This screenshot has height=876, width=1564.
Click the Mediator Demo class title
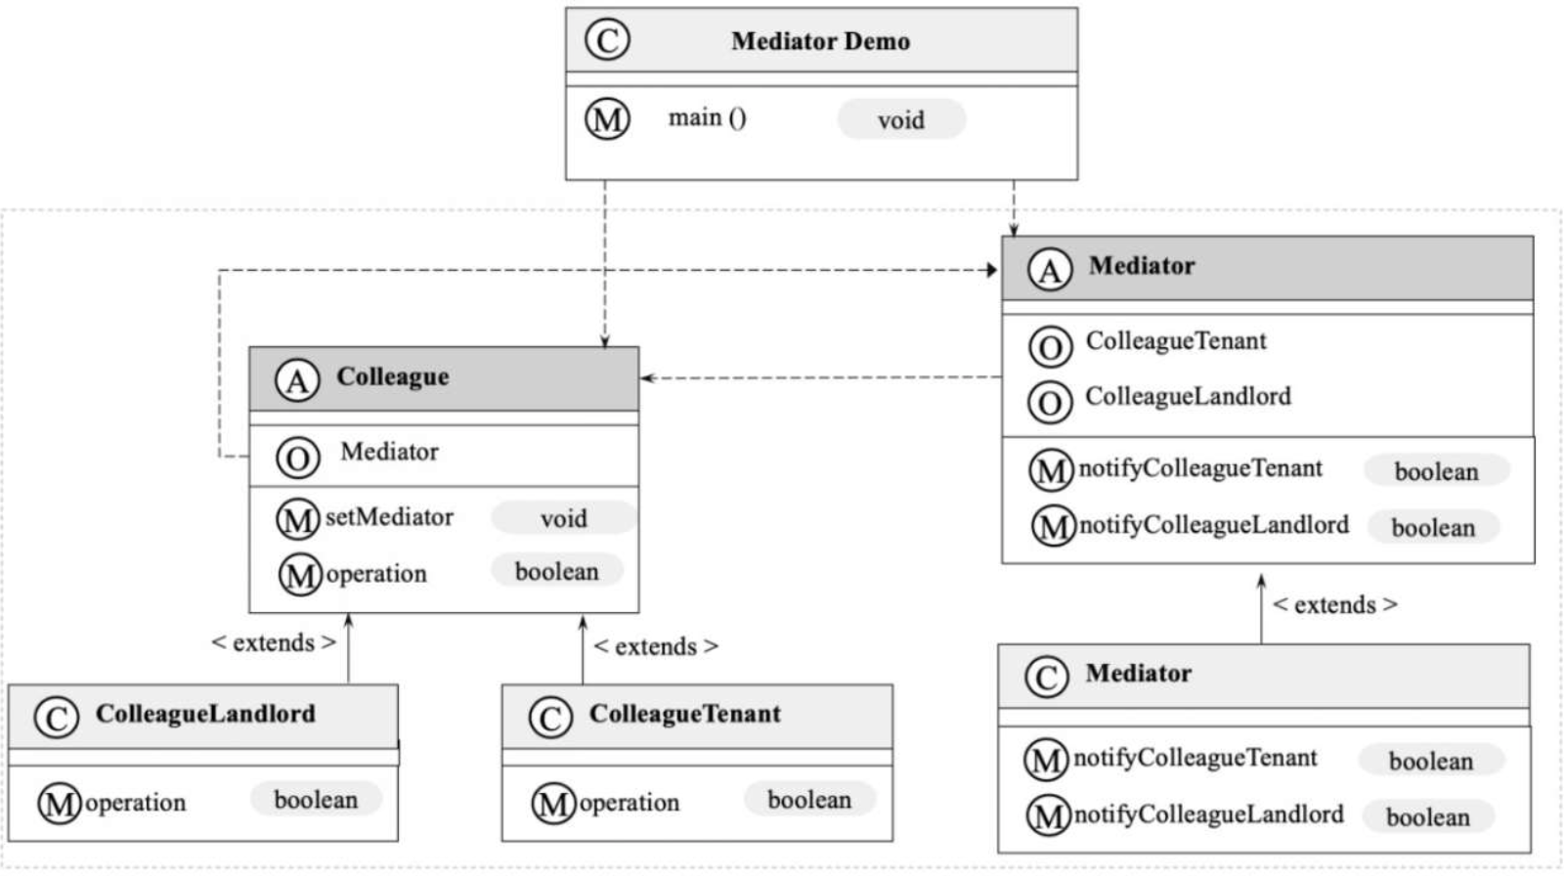[820, 41]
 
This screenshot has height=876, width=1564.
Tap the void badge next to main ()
[901, 119]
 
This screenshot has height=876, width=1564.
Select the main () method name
[708, 117]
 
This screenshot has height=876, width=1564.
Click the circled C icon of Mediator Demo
[607, 40]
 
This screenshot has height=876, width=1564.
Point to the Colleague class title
[392, 375]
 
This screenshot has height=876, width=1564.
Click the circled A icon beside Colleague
[297, 380]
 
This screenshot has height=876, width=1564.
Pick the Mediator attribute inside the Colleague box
[389, 452]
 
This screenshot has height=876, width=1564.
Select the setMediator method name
[389, 517]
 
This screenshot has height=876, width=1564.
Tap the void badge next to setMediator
[563, 518]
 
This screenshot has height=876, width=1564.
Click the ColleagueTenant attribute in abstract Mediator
[1176, 341]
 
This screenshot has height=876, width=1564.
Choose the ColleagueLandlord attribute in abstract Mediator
[1188, 396]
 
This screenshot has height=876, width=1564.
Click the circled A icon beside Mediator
[1050, 270]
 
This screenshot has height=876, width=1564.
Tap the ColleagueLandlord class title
[205, 714]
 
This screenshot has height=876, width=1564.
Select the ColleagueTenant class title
[685, 714]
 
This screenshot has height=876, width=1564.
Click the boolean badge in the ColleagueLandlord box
[316, 799]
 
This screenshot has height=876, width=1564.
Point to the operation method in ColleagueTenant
[629, 803]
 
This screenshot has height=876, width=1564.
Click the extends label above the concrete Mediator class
[1334, 605]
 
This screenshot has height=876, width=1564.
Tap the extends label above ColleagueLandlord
[274, 642]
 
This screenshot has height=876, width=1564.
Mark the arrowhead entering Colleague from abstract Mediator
[646, 378]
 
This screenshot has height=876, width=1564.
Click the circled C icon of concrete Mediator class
[1047, 677]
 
